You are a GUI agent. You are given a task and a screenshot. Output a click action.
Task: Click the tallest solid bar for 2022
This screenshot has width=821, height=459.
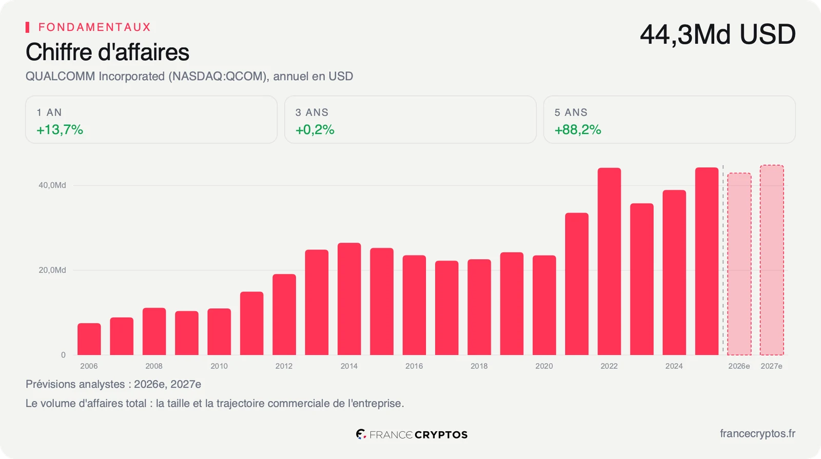click(609, 261)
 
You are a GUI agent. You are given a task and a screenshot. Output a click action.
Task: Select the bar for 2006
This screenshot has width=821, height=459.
click(89, 339)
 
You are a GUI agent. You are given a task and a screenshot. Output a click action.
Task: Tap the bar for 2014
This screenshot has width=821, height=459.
click(349, 299)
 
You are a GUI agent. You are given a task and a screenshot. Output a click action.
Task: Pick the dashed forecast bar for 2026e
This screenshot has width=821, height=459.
click(739, 264)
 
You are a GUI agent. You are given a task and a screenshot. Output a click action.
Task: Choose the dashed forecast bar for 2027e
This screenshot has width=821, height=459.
click(772, 260)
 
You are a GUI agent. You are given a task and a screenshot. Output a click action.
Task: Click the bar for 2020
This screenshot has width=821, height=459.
click(544, 305)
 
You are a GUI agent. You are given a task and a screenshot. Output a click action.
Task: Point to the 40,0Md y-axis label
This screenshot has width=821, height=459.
click(52, 185)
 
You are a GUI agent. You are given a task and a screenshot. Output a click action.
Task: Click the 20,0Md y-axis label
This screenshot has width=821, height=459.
click(52, 270)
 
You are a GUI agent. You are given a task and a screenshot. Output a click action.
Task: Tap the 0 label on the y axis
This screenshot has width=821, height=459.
click(64, 355)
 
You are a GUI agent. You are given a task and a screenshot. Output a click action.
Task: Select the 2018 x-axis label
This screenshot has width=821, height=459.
click(479, 366)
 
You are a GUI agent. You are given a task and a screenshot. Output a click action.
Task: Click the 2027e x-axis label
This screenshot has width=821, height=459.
click(772, 366)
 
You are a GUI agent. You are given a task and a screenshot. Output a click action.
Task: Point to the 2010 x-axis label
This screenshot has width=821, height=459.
click(219, 366)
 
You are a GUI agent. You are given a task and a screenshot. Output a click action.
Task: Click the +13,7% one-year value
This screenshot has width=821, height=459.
click(60, 130)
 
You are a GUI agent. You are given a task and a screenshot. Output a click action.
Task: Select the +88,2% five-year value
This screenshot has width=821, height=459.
click(578, 130)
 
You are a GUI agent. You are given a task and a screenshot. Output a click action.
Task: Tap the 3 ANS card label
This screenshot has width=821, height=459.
click(312, 112)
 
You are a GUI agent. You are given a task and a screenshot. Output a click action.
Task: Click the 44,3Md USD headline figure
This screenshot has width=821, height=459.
click(718, 34)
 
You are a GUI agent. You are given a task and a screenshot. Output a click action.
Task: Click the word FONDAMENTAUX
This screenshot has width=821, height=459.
click(94, 27)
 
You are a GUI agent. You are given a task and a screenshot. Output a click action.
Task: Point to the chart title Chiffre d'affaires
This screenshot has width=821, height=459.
click(107, 52)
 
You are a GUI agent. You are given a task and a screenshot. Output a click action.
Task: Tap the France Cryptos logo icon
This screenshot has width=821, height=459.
click(361, 434)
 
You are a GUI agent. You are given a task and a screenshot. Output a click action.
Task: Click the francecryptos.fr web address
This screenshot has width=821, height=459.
click(757, 434)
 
